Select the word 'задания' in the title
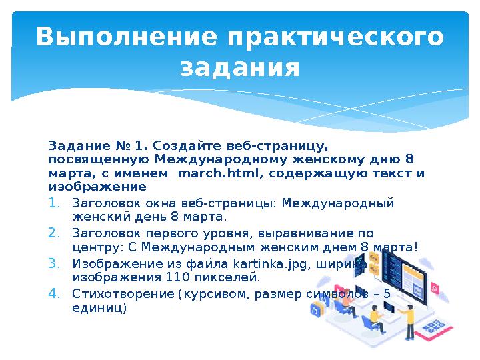point(240,67)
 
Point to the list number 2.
point(55,233)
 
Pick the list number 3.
point(55,263)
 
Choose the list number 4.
point(55,294)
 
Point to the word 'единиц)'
point(98,308)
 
